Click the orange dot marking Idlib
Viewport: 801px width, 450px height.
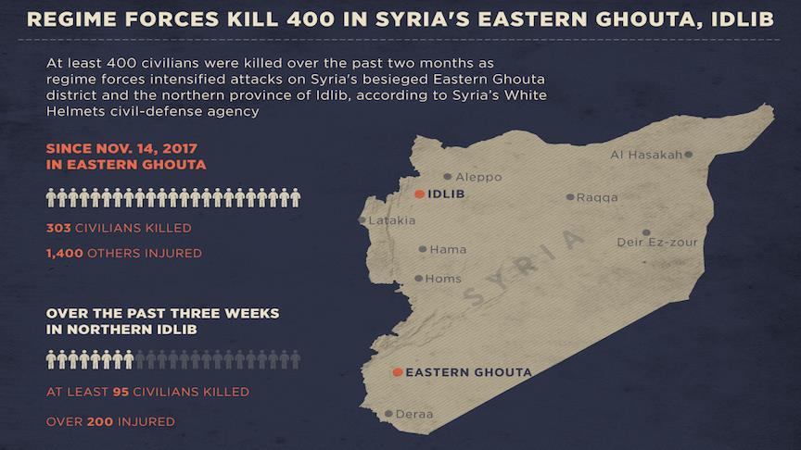pos(420,194)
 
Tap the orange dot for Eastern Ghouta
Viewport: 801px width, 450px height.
pos(398,372)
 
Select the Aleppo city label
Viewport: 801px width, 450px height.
pos(479,177)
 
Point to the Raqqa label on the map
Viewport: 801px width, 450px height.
pos(597,197)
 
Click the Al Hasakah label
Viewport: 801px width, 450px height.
pos(646,155)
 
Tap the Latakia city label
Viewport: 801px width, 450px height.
pos(392,221)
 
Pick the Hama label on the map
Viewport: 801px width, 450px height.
pos(448,249)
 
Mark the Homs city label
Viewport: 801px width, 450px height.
pos(443,279)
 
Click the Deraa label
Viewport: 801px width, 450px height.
pos(414,414)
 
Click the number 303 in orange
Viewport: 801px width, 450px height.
pos(58,227)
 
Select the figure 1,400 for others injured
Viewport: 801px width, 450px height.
pos(64,253)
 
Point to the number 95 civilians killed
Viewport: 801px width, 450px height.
pos(120,392)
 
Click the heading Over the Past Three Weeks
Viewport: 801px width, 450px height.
pos(162,313)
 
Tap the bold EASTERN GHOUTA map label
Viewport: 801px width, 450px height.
pos(469,372)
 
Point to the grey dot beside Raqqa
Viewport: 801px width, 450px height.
pos(570,197)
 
